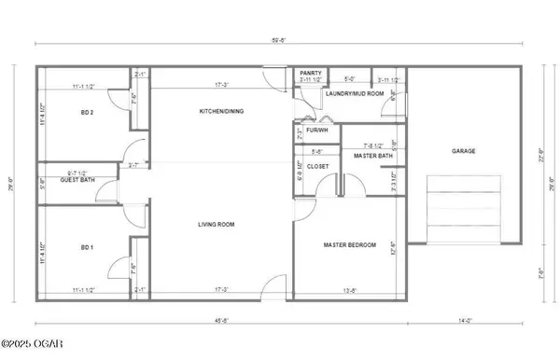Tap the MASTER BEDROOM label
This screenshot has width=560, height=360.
click(350, 244)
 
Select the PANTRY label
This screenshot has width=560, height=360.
click(311, 73)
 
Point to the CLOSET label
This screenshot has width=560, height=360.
click(319, 167)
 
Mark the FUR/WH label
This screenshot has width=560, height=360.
click(304, 132)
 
